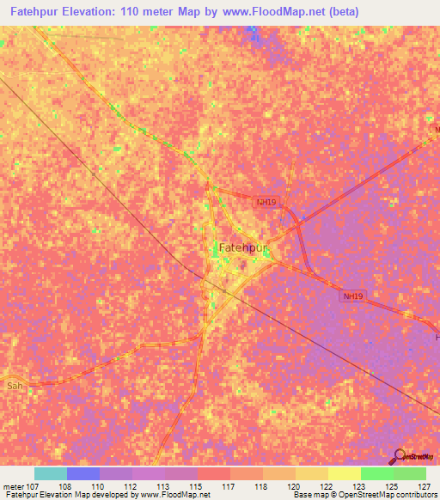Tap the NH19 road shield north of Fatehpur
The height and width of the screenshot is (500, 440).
point(266,202)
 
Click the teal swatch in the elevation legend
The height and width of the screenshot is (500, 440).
point(51,473)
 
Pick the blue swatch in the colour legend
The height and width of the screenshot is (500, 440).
point(83,473)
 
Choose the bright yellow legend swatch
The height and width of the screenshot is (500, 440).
point(345,473)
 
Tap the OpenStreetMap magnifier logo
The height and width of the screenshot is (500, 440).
point(400,456)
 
